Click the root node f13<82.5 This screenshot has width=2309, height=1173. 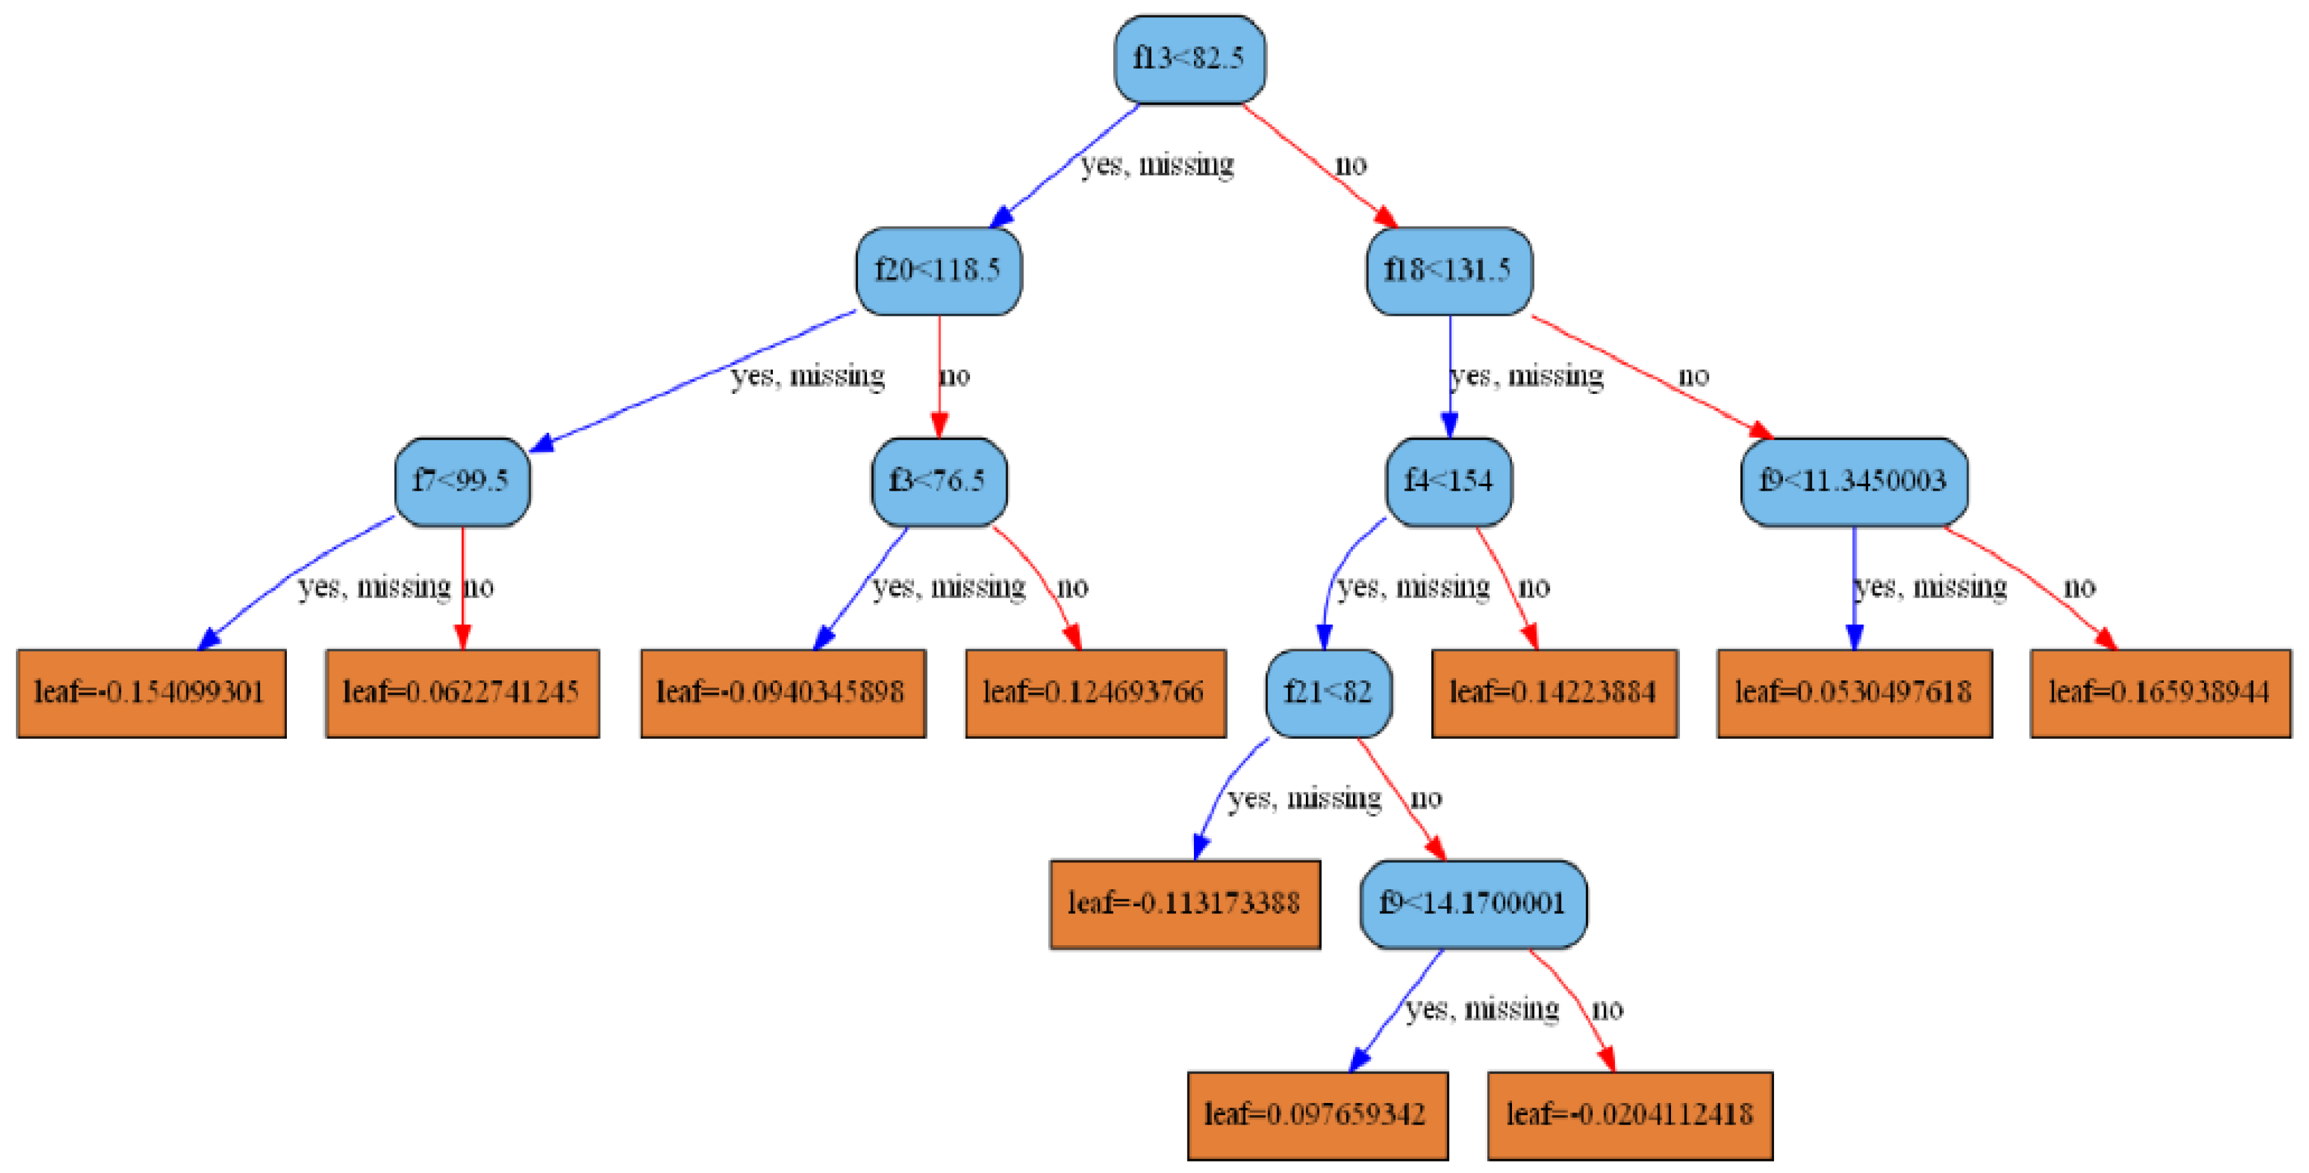click(x=1189, y=59)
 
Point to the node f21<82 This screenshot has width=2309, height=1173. click(x=1328, y=693)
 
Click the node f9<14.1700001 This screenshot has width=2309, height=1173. click(x=1473, y=904)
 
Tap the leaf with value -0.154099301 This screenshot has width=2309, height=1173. click(x=151, y=693)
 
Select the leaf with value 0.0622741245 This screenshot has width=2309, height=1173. click(x=462, y=693)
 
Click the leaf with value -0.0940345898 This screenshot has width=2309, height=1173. click(x=782, y=693)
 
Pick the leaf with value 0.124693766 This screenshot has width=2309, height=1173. click(x=1095, y=693)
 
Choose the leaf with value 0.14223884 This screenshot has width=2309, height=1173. click(x=1553, y=693)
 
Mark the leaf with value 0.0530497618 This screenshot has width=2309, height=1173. click(x=1854, y=693)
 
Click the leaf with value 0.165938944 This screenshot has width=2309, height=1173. click(x=2160, y=693)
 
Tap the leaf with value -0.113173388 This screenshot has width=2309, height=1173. click(x=1184, y=904)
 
